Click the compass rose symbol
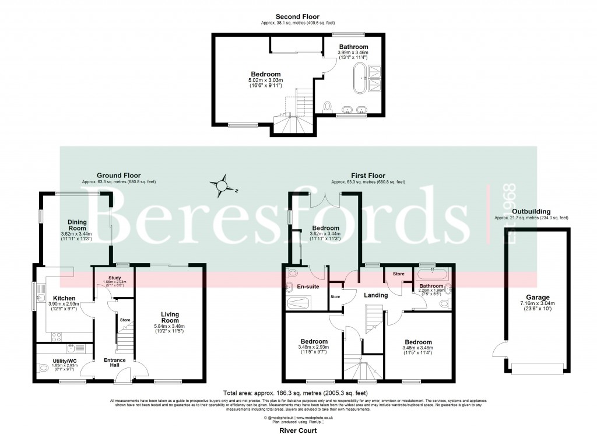pyautogui.click(x=222, y=185)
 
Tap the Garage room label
pyautogui.click(x=537, y=296)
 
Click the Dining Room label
pyautogui.click(x=77, y=225)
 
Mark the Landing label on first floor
pyautogui.click(x=375, y=295)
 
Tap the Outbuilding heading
pyautogui.click(x=531, y=212)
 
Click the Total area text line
pyautogui.click(x=298, y=393)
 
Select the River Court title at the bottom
pyautogui.click(x=298, y=430)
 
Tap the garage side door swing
pyautogui.click(x=500, y=351)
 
